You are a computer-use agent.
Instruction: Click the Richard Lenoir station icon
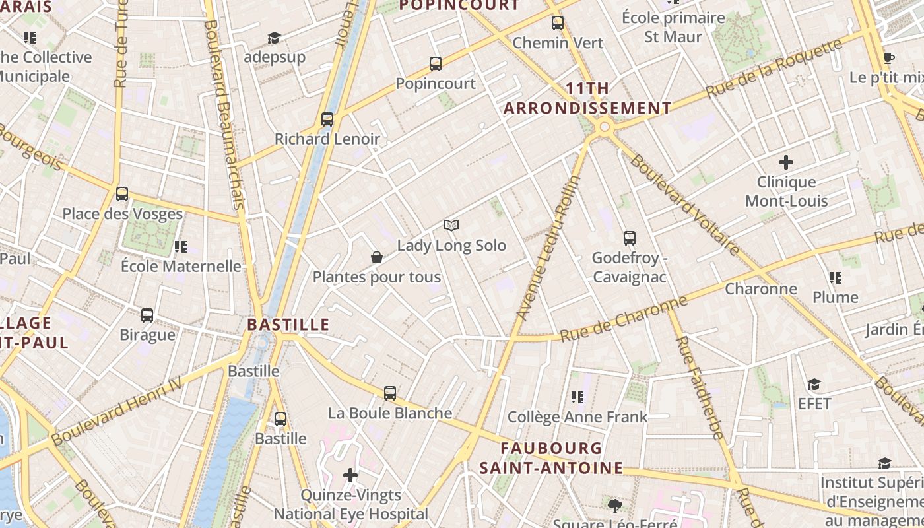pos(327,119)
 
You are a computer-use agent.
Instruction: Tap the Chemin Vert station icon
pos(558,24)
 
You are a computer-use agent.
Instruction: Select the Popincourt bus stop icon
pos(436,64)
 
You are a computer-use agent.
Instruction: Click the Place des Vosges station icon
pos(122,194)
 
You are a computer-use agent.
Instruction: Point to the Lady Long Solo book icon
pos(451,226)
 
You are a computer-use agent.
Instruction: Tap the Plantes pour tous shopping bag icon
pos(377,257)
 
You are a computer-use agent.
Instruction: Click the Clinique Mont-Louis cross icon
pos(786,162)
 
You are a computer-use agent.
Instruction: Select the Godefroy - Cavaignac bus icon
pos(630,238)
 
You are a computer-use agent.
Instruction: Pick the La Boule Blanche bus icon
pos(390,393)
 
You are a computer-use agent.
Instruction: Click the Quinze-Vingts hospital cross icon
pos(350,475)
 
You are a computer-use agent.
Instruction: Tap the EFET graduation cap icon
pos(814,384)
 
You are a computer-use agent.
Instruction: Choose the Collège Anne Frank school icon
pos(577,397)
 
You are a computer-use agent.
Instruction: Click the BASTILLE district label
pos(288,325)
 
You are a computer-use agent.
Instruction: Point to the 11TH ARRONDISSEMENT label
pos(587,98)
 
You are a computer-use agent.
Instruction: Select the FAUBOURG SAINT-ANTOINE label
pos(550,458)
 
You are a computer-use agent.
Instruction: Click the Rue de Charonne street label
pos(624,319)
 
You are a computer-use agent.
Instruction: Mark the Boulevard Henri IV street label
pos(117,410)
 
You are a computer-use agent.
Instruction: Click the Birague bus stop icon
pos(147,315)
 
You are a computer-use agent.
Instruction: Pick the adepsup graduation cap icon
pos(274,38)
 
